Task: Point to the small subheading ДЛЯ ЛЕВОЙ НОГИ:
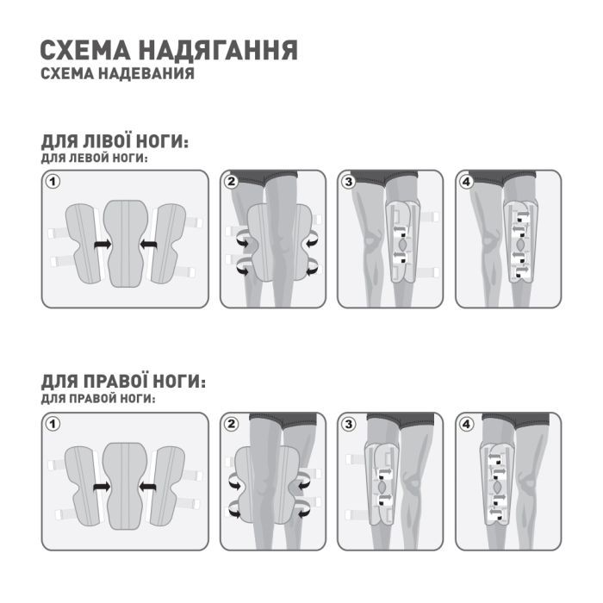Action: pyautogui.click(x=94, y=159)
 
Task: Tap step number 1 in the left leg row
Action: pyautogui.click(x=53, y=182)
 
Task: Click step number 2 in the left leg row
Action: pyautogui.click(x=231, y=182)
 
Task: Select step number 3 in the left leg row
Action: pyautogui.click(x=348, y=182)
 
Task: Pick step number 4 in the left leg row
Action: pyautogui.click(x=466, y=182)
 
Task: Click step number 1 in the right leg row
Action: pyautogui.click(x=53, y=424)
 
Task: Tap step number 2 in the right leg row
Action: pyautogui.click(x=231, y=424)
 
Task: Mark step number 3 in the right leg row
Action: pyautogui.click(x=348, y=424)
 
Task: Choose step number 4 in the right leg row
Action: pyautogui.click(x=466, y=424)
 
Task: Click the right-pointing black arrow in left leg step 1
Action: pyautogui.click(x=103, y=246)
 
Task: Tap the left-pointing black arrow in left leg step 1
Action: pyautogui.click(x=149, y=246)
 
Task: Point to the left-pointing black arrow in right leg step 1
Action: pyautogui.click(x=149, y=488)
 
